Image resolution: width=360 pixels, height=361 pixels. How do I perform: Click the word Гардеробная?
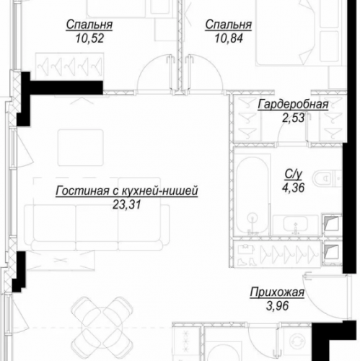coord(292,105)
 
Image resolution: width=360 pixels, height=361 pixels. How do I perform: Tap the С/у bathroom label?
coord(292,173)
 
